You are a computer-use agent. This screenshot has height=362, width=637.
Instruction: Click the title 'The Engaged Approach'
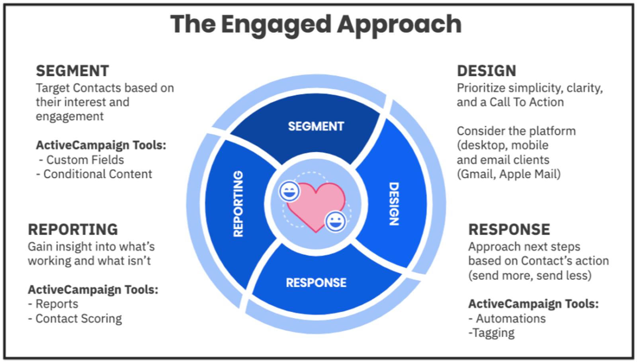tap(316, 24)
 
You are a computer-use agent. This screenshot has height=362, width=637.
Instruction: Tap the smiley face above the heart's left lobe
tap(289, 191)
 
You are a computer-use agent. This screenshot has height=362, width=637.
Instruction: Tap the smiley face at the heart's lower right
tap(335, 222)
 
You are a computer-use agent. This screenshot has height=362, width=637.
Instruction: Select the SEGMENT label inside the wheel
tap(316, 126)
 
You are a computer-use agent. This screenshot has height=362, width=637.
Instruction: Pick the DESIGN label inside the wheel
tap(394, 204)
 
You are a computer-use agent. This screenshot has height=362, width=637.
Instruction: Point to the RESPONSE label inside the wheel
tap(316, 283)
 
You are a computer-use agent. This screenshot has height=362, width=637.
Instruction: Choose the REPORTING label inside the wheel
tap(238, 204)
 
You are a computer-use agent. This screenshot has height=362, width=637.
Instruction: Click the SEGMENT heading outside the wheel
tap(72, 71)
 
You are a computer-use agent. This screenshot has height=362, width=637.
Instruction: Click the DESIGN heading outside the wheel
tap(487, 71)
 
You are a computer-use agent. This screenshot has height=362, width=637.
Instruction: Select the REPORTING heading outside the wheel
tap(73, 229)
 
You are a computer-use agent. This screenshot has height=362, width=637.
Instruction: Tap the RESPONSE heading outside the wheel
tap(509, 229)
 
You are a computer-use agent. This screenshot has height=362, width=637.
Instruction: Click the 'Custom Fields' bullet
tap(85, 160)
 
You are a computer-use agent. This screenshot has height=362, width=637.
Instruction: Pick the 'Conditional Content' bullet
tap(97, 174)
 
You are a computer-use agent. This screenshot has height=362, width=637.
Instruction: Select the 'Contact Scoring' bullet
tap(78, 319)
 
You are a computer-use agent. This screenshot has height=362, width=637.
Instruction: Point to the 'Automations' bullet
tap(510, 319)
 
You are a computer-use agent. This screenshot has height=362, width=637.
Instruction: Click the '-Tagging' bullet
tap(492, 333)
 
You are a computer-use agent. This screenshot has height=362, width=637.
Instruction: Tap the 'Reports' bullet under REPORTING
tap(57, 304)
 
